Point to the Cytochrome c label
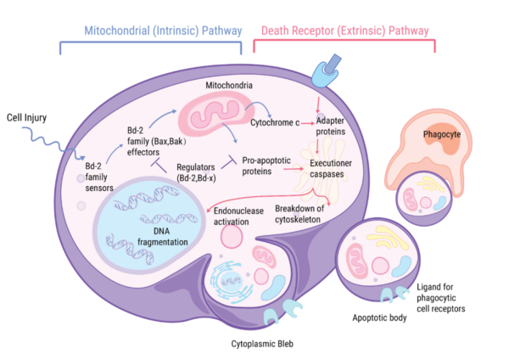(x=274, y=124)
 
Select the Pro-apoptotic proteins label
(x=268, y=165)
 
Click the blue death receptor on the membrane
(x=327, y=72)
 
